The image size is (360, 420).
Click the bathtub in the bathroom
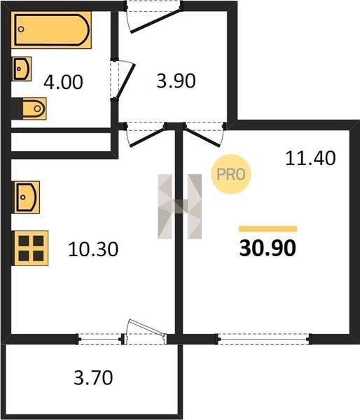(51, 29)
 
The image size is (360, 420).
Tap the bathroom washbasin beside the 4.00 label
(22, 69)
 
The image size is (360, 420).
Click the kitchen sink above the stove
(26, 197)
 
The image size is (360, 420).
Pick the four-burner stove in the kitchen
(30, 248)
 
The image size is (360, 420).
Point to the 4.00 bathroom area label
(63, 82)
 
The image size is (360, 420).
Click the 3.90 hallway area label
(176, 81)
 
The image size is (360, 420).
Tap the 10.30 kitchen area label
(93, 249)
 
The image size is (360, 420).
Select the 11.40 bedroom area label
(310, 158)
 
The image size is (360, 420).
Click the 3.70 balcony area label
(93, 378)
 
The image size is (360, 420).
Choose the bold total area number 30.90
(268, 248)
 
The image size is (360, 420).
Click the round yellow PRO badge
(231, 174)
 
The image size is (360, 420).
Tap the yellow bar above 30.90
(268, 229)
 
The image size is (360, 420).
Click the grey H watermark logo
(179, 206)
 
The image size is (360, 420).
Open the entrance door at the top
(155, 22)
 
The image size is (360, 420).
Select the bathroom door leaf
(125, 80)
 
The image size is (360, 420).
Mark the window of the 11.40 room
(264, 339)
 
